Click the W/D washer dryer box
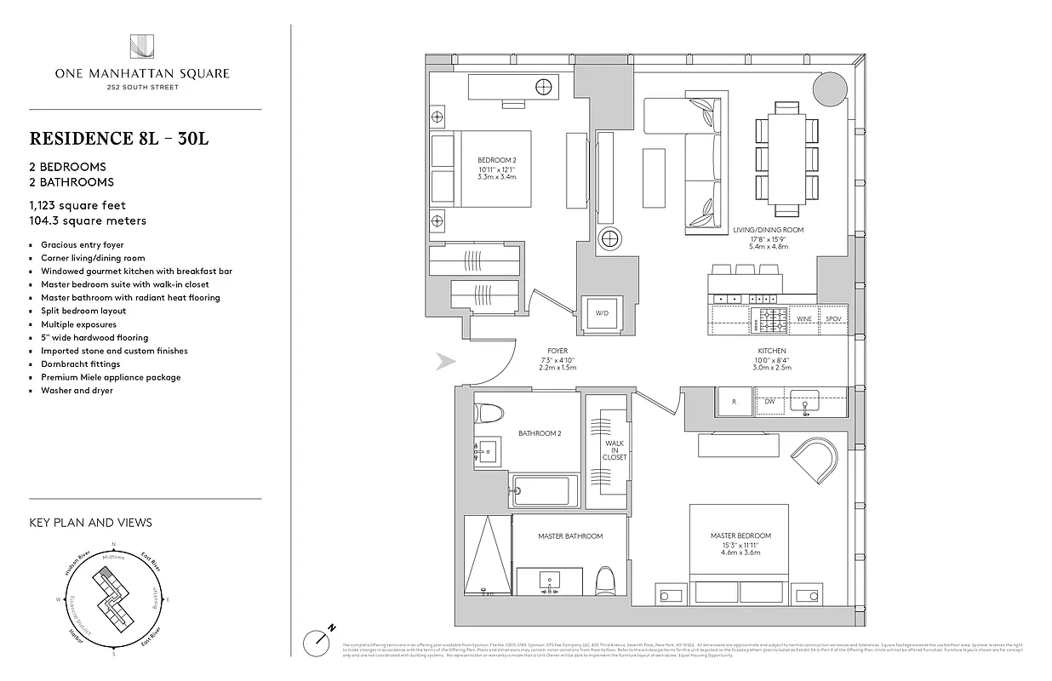[x=602, y=313]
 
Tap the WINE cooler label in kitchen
[x=803, y=318]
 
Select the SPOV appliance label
[x=833, y=318]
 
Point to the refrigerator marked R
[x=734, y=401]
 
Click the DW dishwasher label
[x=769, y=400]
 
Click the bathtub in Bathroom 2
[x=544, y=490]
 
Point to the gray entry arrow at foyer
[x=446, y=362]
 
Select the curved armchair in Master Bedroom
[x=815, y=459]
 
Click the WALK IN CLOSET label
[x=615, y=450]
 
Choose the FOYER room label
[x=557, y=351]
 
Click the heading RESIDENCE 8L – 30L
[x=119, y=139]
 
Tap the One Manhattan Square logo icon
[x=141, y=47]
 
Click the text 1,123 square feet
[x=77, y=205]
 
